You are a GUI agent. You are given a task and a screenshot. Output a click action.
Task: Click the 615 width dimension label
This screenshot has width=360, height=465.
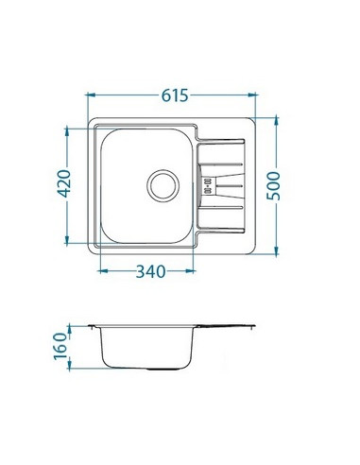(175, 95)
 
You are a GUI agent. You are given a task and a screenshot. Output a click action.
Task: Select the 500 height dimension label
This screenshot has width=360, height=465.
(273, 186)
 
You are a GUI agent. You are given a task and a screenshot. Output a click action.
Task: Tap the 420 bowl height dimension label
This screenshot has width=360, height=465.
(65, 183)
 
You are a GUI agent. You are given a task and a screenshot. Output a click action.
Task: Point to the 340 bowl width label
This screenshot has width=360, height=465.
(150, 271)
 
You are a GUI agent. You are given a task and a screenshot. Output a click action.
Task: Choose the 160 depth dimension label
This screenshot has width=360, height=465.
(60, 347)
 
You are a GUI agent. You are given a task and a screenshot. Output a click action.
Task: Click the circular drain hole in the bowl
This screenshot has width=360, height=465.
(163, 185)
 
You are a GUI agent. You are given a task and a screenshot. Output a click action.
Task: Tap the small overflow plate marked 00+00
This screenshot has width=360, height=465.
(208, 185)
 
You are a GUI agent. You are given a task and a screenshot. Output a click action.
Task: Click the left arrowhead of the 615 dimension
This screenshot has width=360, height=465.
(91, 95)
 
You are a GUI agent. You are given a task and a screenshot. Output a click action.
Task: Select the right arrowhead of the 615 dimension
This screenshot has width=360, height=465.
(252, 95)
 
